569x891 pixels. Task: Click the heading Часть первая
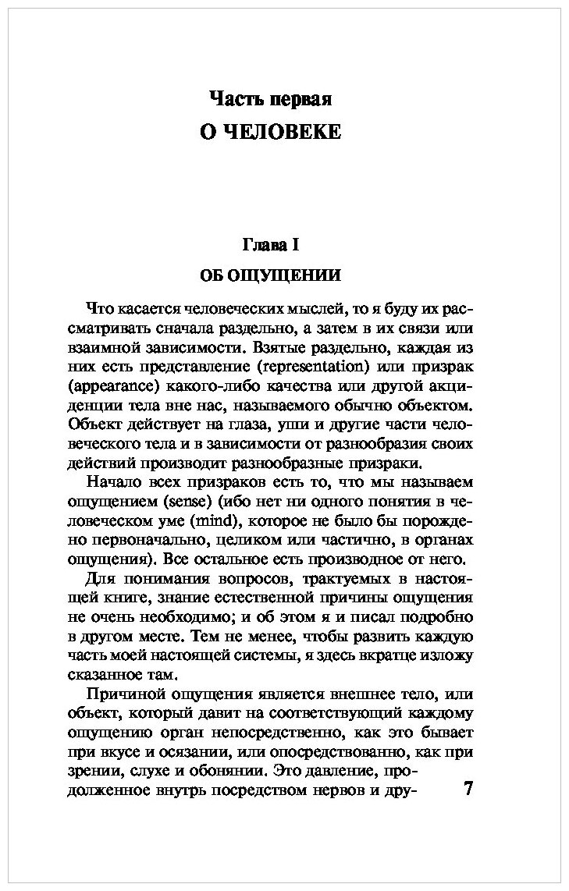point(271,99)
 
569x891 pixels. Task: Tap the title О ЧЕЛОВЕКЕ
point(271,132)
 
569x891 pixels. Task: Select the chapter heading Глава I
point(271,245)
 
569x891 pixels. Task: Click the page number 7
point(468,787)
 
